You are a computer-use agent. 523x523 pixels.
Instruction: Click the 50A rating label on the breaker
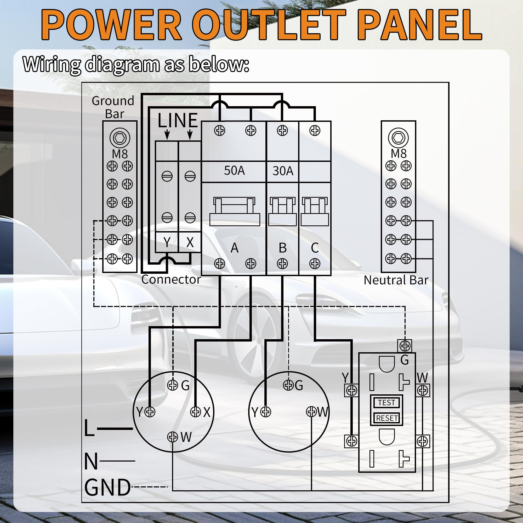pos(234,170)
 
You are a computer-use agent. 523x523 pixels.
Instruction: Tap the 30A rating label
pos(283,171)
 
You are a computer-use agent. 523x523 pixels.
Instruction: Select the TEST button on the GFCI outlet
pos(386,402)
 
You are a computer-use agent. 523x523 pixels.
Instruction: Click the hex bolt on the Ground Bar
pos(120,138)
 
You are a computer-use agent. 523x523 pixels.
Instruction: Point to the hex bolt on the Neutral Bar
pos(398,138)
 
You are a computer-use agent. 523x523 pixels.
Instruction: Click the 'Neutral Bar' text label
pos(396,280)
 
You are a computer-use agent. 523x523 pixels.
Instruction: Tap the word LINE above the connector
pos(178,121)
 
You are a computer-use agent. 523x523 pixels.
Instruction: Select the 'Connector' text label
pos(171,280)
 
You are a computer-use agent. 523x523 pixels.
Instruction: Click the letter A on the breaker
pos(234,248)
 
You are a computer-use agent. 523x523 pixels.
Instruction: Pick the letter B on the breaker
pos(283,248)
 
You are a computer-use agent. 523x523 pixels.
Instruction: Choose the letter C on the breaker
pos(315,248)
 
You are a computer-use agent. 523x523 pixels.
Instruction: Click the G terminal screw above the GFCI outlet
pos(405,346)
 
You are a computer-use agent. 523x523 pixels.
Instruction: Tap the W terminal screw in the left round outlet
pos(172,437)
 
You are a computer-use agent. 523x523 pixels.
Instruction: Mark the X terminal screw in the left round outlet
pos(195,412)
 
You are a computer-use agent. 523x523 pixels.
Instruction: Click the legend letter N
pos(91,461)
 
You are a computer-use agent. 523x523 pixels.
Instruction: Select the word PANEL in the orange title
pos(421,25)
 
